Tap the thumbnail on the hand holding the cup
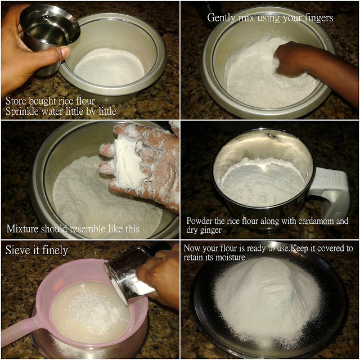pos(65,51)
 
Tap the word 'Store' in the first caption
pos(16,101)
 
